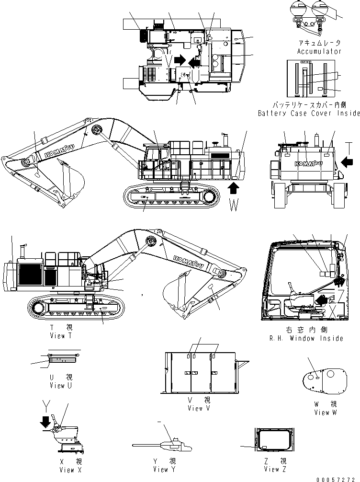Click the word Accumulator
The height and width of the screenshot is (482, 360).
pos(319,51)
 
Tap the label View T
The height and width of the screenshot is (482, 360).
pos(61,336)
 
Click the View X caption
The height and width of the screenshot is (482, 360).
pos(67,470)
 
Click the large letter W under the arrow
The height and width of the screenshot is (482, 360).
pos(233,207)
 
